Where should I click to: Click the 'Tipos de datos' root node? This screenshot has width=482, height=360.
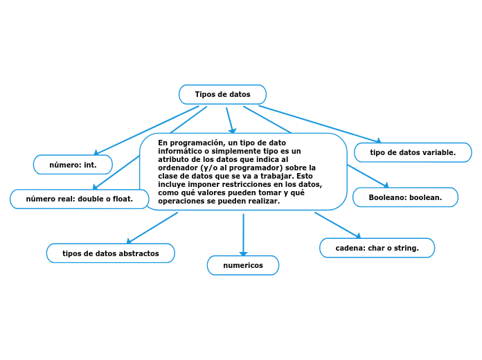[x=222, y=94]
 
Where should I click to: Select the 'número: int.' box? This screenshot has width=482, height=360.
[x=73, y=165]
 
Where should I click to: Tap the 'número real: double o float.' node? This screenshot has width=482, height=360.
[x=79, y=199]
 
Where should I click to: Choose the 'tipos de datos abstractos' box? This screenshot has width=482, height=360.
[x=111, y=253]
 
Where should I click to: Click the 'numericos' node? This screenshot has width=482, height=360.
[x=242, y=265]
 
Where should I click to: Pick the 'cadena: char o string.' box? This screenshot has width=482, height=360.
[x=377, y=248]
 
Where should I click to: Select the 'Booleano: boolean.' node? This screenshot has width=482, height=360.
[x=405, y=197]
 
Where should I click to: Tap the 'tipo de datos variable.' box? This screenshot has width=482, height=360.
[x=413, y=152]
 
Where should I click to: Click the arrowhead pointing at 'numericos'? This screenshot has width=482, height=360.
[x=243, y=254]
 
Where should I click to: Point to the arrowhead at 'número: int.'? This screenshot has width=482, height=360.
[x=97, y=153]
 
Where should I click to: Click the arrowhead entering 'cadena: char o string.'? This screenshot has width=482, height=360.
[x=357, y=236]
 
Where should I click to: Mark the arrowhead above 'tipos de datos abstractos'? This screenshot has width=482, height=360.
[x=130, y=241]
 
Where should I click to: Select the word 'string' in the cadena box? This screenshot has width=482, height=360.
[x=406, y=248]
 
